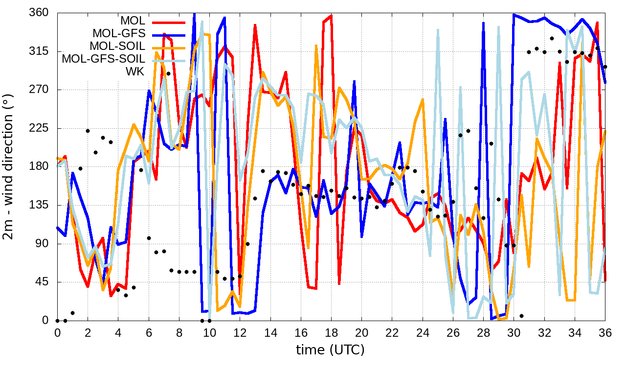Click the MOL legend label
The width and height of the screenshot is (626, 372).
tap(133, 21)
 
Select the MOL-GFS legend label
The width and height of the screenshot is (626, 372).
tap(119, 34)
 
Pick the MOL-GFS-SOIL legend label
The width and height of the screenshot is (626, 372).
tap(103, 59)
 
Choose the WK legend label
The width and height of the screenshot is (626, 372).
tap(135, 72)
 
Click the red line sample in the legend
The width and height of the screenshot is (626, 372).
tap(169, 22)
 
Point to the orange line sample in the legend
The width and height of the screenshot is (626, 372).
tap(169, 47)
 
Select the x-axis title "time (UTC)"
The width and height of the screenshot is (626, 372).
tap(331, 349)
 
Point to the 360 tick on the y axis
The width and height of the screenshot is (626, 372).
tap(39, 13)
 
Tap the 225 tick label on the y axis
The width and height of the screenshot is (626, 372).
tap(39, 128)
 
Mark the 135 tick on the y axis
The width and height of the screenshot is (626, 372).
tap(39, 205)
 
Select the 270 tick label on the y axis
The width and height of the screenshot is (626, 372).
tap(39, 90)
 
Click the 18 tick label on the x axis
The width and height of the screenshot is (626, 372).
tap(331, 332)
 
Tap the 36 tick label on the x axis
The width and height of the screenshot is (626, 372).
tap(605, 332)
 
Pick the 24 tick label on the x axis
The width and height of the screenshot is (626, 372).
tap(423, 332)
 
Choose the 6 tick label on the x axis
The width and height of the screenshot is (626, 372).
tap(149, 332)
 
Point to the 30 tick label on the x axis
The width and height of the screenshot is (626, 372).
tap(514, 332)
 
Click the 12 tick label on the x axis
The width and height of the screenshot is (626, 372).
tap(240, 332)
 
